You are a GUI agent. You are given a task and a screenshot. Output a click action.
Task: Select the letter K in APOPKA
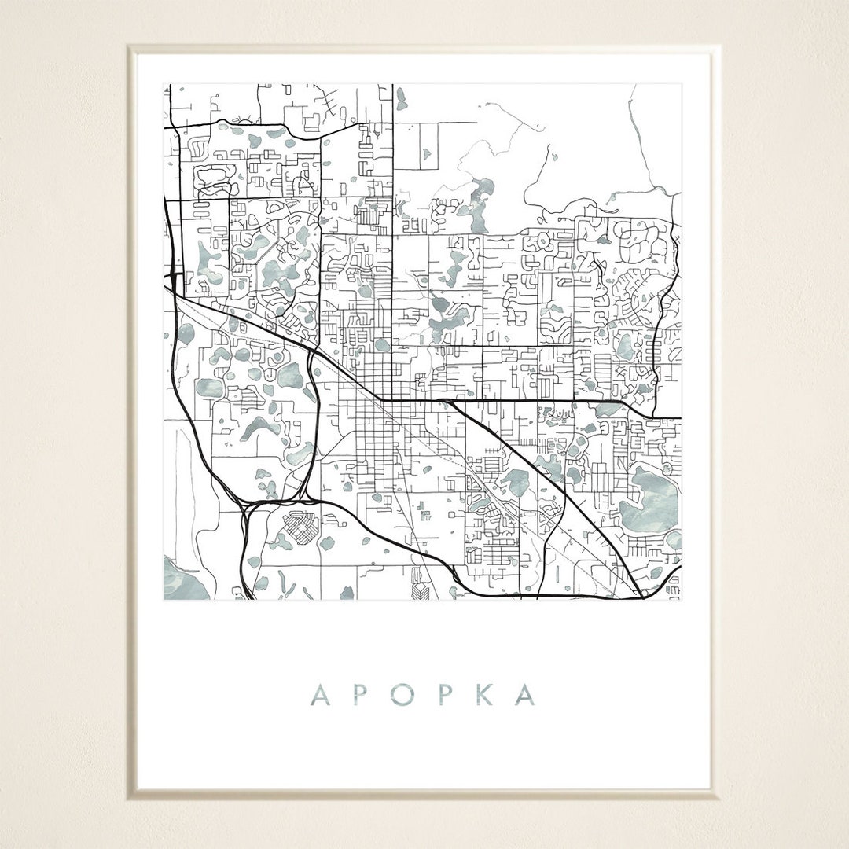(483, 695)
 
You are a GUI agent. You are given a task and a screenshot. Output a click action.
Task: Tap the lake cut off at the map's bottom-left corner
(182, 580)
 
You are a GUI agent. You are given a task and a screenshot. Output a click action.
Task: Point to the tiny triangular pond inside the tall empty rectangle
(428, 155)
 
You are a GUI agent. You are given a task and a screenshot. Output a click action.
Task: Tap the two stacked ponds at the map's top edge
(402, 99)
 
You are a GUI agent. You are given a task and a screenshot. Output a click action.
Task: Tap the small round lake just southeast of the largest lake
(674, 539)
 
